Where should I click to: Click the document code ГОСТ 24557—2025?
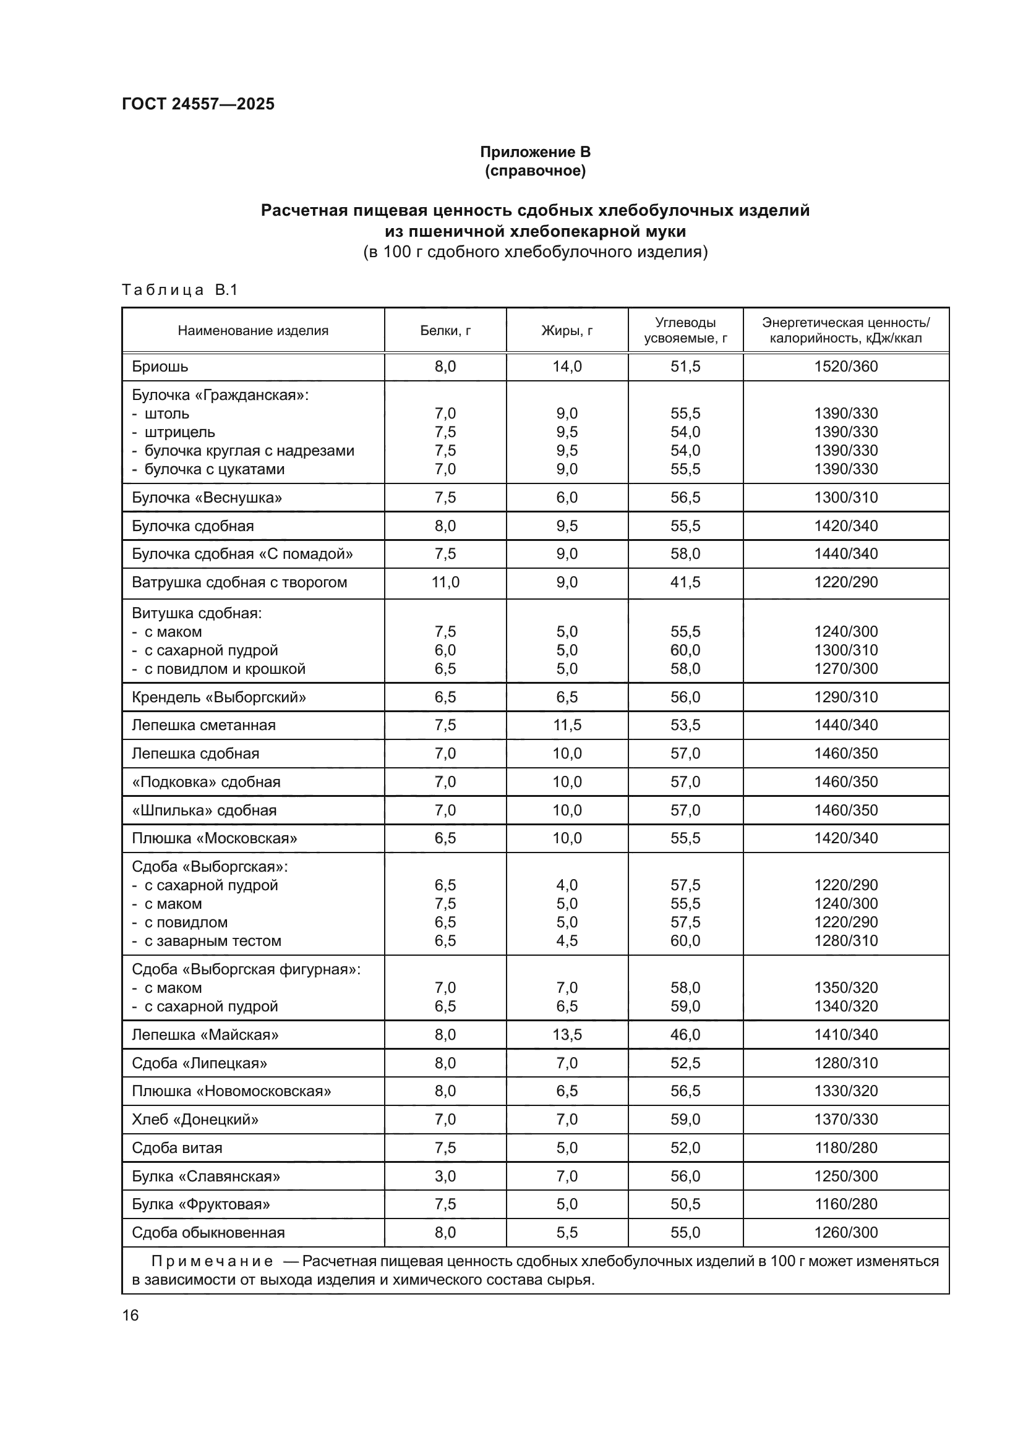click(199, 104)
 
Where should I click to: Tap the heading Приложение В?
click(535, 152)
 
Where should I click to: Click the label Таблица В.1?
click(179, 291)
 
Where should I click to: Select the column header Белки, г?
click(445, 331)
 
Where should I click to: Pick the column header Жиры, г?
click(567, 331)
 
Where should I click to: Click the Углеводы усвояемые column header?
click(685, 331)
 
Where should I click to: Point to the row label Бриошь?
click(160, 367)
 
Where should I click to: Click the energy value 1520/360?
click(845, 367)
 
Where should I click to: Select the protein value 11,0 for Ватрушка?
click(445, 582)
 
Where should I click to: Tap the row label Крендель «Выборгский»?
click(218, 697)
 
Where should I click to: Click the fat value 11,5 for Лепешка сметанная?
click(567, 725)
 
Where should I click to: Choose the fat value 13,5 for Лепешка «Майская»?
click(567, 1035)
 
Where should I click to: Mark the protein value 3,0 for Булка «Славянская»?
click(445, 1176)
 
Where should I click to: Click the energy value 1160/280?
click(845, 1204)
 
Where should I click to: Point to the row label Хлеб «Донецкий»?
click(195, 1119)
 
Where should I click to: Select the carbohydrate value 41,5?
click(685, 582)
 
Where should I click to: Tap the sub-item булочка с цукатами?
click(214, 469)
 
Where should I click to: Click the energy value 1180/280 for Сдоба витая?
click(845, 1147)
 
